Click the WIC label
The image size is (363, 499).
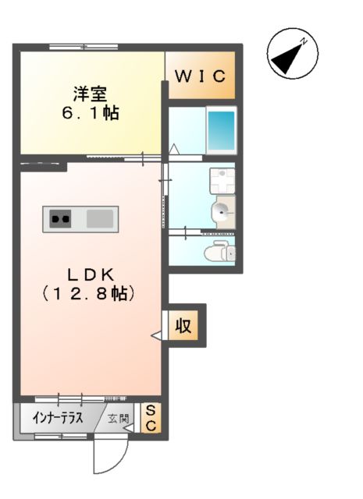pyautogui.click(x=200, y=76)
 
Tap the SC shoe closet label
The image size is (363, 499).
pyautogui.click(x=151, y=419)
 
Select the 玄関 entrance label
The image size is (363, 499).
pyautogui.click(x=119, y=419)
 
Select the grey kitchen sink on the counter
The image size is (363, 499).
pyautogui.click(x=100, y=218)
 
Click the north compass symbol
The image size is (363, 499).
pyautogui.click(x=290, y=55)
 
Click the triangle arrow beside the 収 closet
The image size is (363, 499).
pyautogui.click(x=156, y=335)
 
